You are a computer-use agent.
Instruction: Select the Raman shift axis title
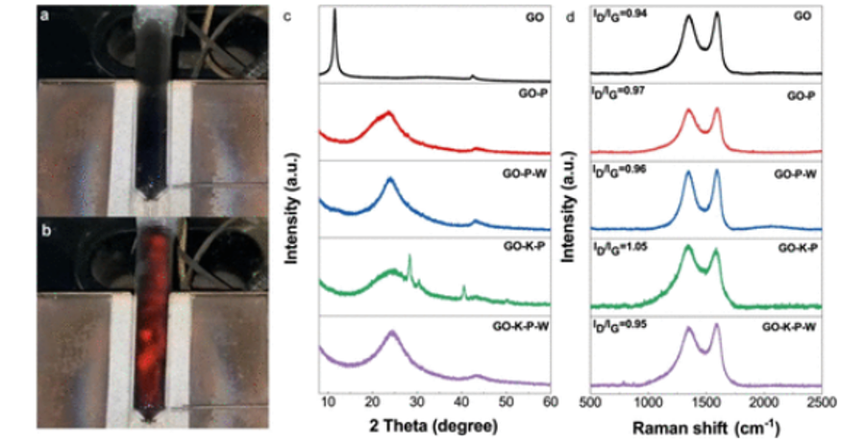707,424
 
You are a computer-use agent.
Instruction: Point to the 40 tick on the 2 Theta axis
461,401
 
